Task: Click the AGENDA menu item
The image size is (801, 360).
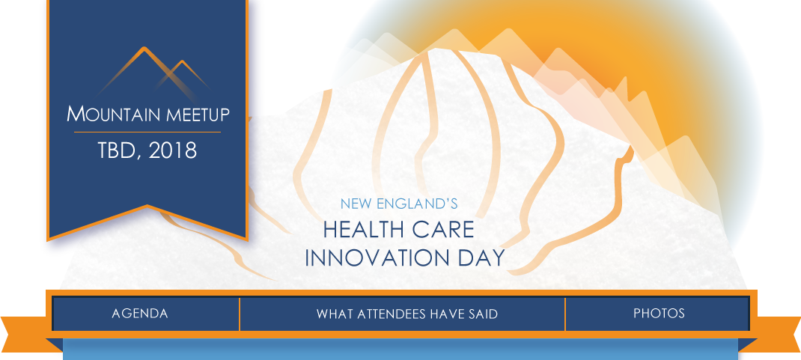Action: [x=139, y=314]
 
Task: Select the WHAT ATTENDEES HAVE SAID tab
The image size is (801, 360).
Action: [x=406, y=314]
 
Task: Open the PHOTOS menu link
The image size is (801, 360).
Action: [x=659, y=314]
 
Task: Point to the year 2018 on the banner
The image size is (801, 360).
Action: [x=173, y=150]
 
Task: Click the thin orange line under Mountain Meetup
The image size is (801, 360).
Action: [x=147, y=132]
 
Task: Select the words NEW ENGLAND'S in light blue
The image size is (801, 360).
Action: [x=398, y=204]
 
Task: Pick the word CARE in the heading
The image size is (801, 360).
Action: [x=445, y=230]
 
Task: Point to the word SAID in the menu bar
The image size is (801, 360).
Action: [x=484, y=314]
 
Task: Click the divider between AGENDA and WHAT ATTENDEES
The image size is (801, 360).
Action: [x=239, y=314]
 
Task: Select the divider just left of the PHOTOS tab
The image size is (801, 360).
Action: [x=565, y=314]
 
